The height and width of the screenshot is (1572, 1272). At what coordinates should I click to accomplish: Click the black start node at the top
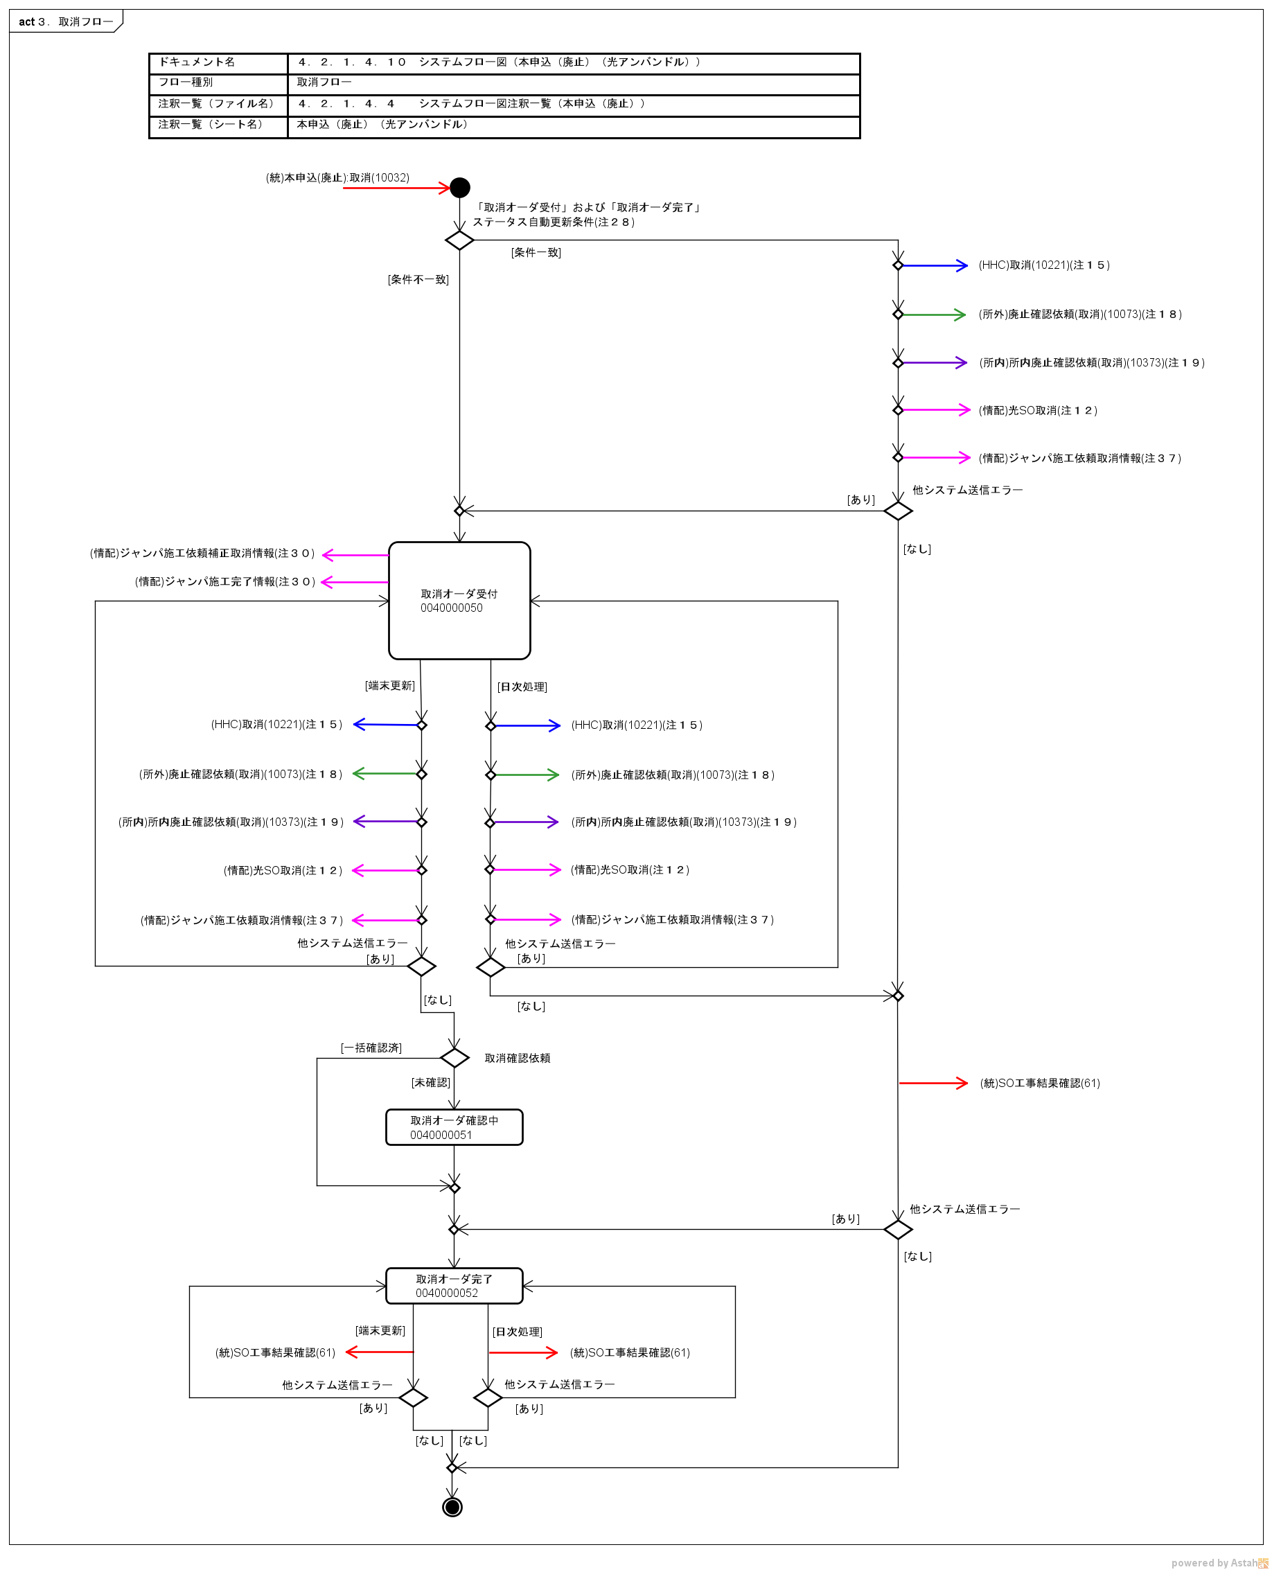click(459, 188)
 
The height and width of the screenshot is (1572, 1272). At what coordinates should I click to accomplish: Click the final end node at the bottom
click(452, 1507)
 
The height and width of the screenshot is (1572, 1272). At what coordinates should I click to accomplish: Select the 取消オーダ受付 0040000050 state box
click(459, 601)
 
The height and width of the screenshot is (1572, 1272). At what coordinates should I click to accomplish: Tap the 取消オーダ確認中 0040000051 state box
click(454, 1127)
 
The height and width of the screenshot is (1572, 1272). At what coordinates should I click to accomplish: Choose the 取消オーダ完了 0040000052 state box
click(454, 1286)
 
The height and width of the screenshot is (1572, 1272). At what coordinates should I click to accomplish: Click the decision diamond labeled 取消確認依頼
click(454, 1058)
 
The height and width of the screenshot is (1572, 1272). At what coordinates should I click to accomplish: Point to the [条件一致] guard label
click(536, 253)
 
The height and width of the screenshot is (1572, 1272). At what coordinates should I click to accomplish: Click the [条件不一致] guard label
click(418, 280)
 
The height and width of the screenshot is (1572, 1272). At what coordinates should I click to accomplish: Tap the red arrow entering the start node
click(396, 188)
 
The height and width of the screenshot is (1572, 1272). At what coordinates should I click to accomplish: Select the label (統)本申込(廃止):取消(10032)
click(338, 178)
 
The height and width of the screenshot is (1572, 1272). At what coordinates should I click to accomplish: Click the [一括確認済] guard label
click(371, 1048)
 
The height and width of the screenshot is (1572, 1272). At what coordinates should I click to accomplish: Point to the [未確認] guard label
click(431, 1083)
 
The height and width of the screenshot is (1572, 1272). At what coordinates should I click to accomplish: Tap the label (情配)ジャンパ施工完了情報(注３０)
click(225, 582)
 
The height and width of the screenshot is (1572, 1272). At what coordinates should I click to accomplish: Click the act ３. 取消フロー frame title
click(66, 22)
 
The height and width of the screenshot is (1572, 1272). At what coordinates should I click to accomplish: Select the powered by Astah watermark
click(1219, 1563)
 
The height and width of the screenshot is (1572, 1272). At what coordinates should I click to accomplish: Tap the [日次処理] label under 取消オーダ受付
click(522, 687)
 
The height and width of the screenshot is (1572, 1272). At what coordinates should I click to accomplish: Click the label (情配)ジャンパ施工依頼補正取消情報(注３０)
click(202, 554)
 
